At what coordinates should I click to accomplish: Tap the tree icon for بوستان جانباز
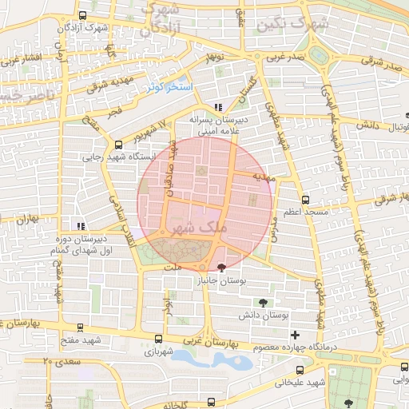tap(221, 267)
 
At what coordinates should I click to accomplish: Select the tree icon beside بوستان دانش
tap(264, 302)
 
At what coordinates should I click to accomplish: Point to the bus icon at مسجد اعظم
tap(305, 200)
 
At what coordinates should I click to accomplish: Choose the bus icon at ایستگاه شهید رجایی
tap(119, 145)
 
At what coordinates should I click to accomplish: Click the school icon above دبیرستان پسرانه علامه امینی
tap(218, 107)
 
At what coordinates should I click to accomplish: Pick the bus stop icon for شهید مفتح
tap(79, 327)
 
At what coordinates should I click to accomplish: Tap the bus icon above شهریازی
tap(157, 339)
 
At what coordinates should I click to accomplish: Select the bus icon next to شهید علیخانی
tap(300, 370)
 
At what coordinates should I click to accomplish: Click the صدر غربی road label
tap(285, 58)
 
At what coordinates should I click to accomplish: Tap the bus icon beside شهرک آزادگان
tap(84, 16)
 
